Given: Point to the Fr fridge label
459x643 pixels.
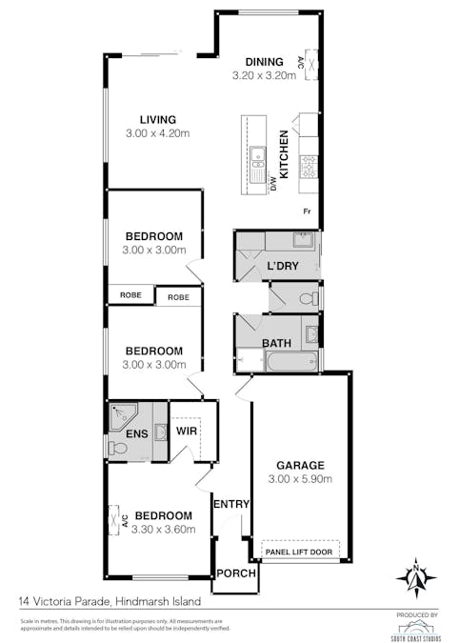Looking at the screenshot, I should point(307,211).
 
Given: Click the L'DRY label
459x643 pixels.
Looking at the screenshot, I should point(283,266).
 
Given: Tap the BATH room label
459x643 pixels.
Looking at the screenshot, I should point(277,342).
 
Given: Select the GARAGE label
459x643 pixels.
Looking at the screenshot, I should point(300,466).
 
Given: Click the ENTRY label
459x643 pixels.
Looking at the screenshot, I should point(230,505).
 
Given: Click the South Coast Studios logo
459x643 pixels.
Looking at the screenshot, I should point(416,624).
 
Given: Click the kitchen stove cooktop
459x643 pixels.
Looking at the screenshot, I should point(309,169).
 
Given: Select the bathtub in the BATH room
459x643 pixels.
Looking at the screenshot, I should point(292,363).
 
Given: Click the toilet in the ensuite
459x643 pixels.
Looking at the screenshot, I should point(116,447).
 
